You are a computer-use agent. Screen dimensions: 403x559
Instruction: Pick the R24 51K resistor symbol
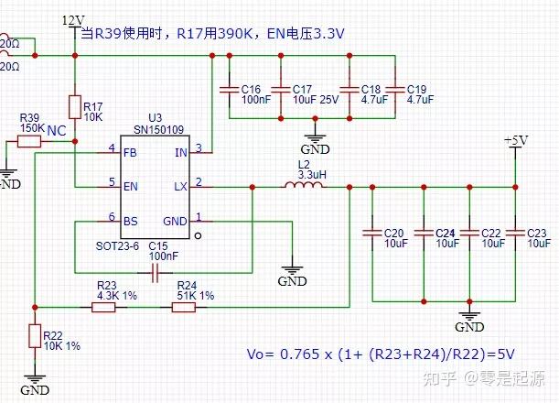(184, 307)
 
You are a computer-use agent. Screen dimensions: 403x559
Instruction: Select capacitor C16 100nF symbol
(229, 88)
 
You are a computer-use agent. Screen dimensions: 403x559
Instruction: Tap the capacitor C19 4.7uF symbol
(394, 88)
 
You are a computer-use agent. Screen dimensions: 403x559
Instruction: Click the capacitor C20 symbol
(371, 232)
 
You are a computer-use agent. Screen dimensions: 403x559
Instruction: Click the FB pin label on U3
(130, 152)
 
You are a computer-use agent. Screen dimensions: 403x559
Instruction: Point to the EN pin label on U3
(130, 187)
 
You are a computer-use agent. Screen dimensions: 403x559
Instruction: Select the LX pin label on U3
(180, 187)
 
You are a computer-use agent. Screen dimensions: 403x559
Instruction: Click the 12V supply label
(72, 19)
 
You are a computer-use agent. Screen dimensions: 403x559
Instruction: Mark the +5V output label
(516, 140)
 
